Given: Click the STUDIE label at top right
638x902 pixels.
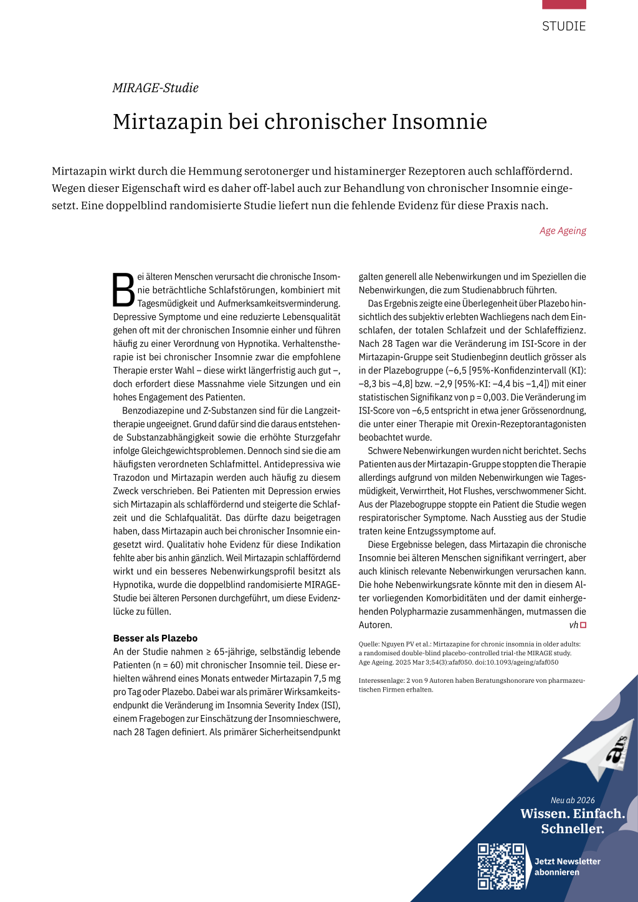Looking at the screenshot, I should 563,26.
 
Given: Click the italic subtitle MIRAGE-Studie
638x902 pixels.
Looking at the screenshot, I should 155,88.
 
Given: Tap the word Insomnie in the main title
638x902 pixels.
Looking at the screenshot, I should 439,121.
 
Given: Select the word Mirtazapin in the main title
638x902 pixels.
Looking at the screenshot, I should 168,121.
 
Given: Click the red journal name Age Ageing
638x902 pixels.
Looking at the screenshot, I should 563,230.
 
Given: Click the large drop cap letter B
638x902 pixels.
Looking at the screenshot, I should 123,290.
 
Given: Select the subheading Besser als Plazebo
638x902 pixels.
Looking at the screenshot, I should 155,638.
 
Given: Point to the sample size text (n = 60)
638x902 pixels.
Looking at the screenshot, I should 174,665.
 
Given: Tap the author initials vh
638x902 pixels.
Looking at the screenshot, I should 573,625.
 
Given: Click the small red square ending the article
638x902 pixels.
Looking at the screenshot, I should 583,625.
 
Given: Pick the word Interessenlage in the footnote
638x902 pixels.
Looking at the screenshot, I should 381,681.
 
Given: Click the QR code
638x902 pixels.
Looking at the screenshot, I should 501,866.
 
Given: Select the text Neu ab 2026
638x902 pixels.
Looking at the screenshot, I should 573,800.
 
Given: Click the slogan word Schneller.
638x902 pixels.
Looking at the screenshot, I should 572,829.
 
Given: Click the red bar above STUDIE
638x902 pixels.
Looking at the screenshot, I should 564,4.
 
